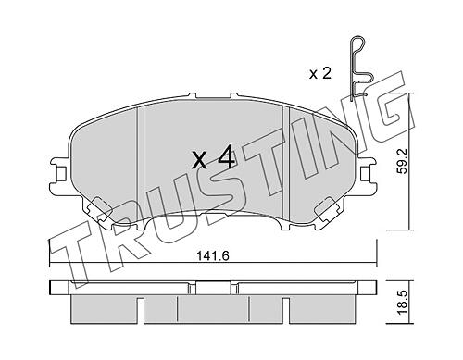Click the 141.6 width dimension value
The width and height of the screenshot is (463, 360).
(213, 255)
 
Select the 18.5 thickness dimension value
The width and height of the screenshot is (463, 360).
(402, 304)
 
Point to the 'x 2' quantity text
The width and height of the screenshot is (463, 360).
(320, 74)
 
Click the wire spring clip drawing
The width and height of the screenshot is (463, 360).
(360, 69)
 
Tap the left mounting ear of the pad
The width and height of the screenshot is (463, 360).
(59, 177)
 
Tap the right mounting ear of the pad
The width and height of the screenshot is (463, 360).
(368, 177)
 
